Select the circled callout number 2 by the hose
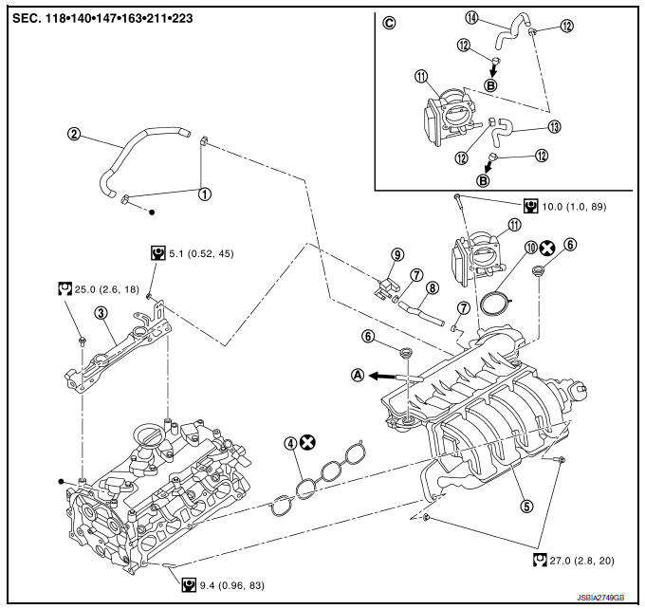pos(74,134)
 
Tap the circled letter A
pos(358,375)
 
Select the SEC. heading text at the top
pos(106,17)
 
